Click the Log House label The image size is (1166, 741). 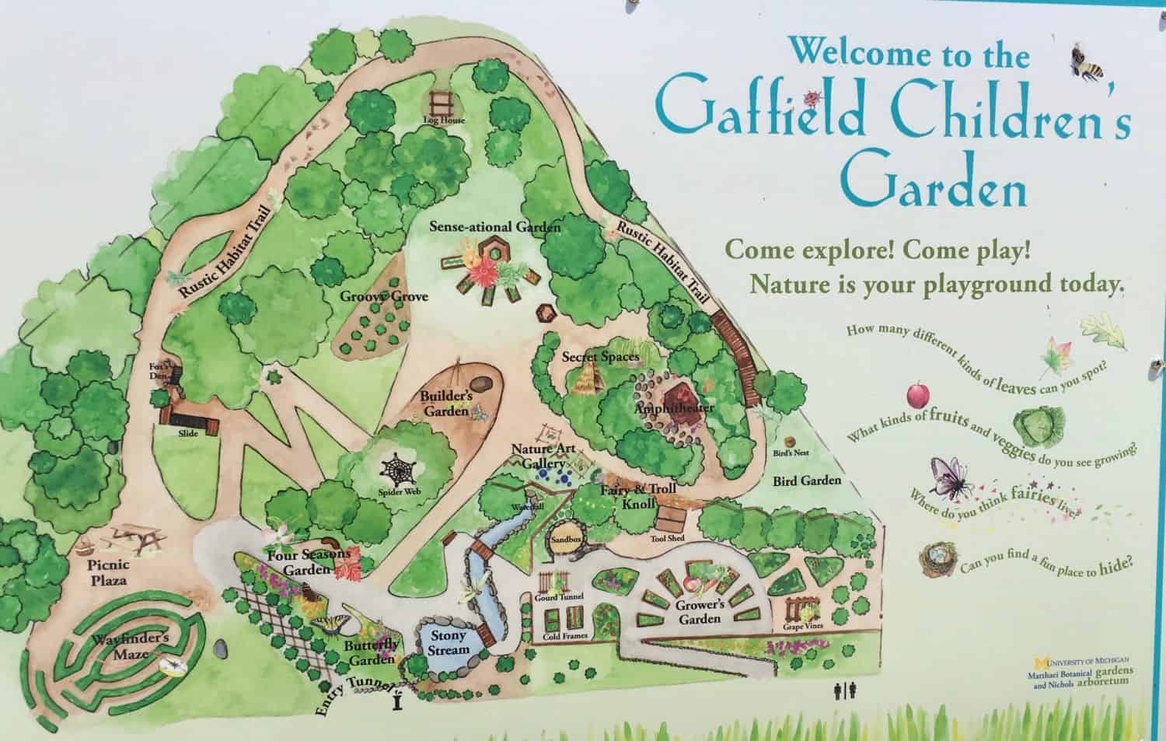449,121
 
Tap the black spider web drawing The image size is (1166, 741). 398,469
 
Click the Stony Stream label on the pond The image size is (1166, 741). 449,642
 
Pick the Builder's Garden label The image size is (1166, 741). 447,404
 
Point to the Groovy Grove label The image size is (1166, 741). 384,296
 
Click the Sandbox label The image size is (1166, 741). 567,537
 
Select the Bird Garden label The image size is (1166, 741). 806,481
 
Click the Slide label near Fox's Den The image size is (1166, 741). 187,432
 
